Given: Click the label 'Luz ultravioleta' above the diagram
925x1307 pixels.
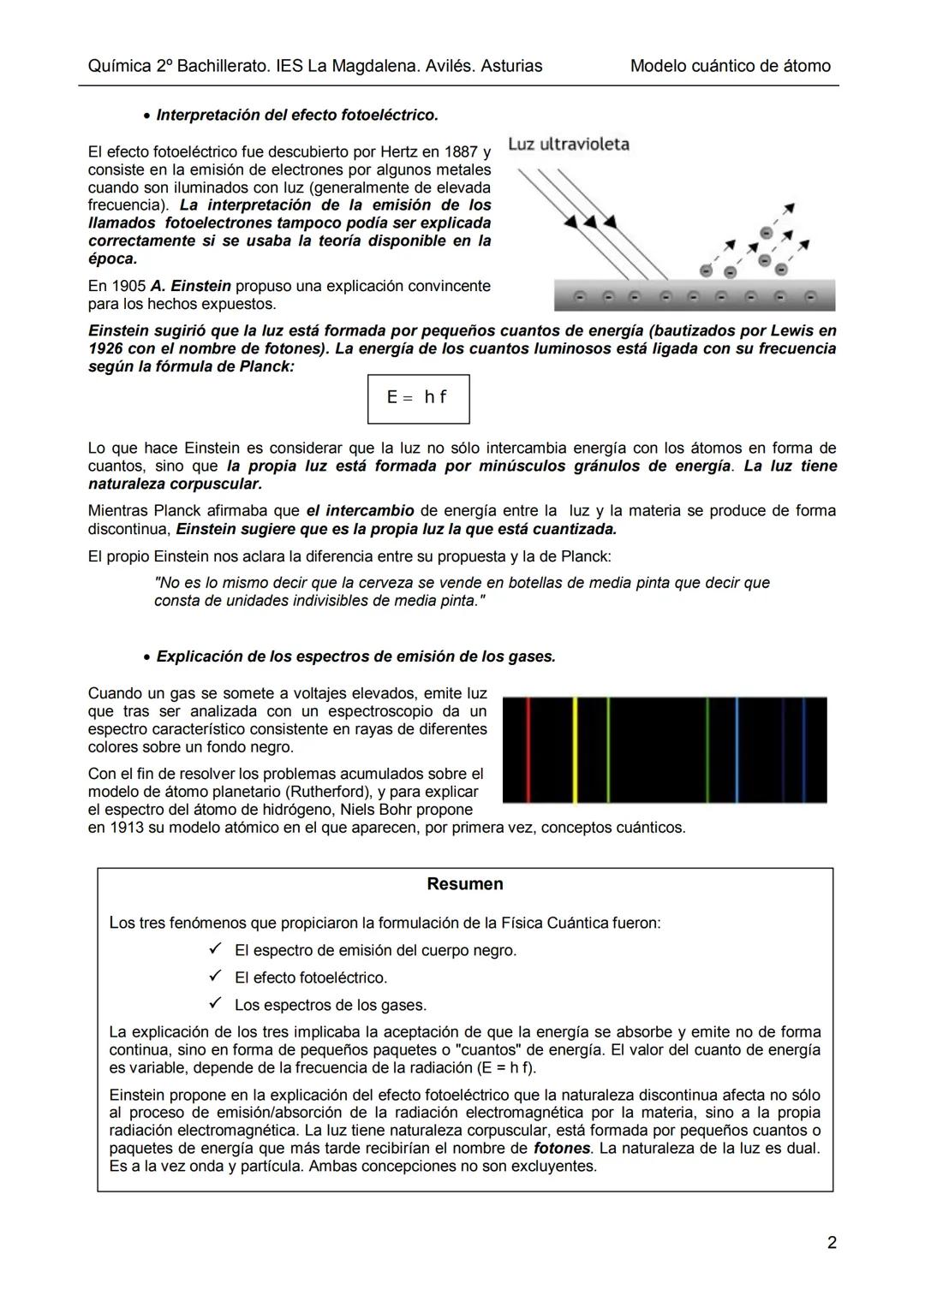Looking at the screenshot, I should [569, 144].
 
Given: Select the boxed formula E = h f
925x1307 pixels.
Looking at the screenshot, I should [418, 398].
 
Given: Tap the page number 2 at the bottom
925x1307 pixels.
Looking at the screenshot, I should [832, 1242].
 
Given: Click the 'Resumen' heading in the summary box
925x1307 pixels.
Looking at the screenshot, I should [464, 884].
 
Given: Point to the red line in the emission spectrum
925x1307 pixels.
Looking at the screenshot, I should [528, 749].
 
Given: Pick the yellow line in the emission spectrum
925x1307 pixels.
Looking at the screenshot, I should [575, 749].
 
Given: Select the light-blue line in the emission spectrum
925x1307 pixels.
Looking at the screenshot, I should [736, 749].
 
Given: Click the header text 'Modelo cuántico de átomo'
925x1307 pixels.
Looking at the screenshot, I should [730, 66].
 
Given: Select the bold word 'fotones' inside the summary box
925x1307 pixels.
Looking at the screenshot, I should [562, 1148].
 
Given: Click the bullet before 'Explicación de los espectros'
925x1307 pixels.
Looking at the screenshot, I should [147, 657].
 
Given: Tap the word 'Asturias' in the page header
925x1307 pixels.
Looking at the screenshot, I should [511, 66].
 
